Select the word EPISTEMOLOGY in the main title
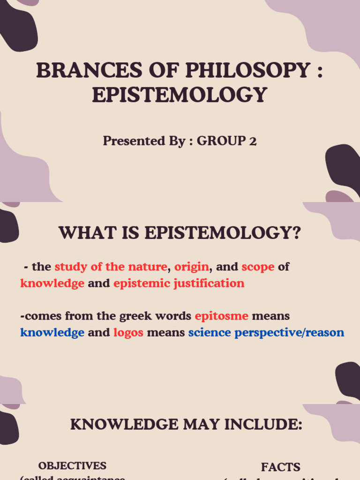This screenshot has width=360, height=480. click(x=180, y=95)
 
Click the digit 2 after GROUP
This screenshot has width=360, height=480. click(x=253, y=141)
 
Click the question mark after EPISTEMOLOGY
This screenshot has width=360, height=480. click(x=295, y=233)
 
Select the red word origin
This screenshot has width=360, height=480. click(x=192, y=267)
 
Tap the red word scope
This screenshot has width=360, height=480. click(x=258, y=267)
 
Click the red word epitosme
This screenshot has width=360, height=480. click(x=221, y=316)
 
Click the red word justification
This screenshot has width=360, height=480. click(x=215, y=284)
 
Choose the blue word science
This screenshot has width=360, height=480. click(x=210, y=333)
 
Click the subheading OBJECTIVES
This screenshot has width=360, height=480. click(x=72, y=466)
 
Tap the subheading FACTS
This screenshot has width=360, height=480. click(x=280, y=467)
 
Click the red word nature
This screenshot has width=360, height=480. click(x=150, y=267)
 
